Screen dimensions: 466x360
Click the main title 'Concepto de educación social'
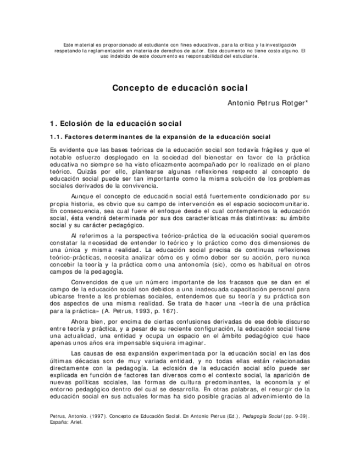coord(180,87)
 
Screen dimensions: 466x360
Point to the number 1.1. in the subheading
coord(57,136)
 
